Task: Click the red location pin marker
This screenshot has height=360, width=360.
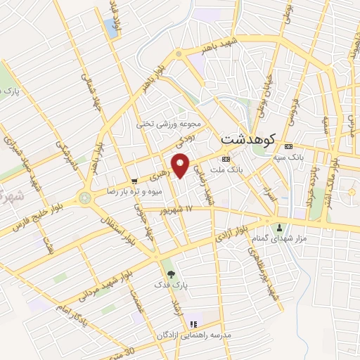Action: pos(181,166)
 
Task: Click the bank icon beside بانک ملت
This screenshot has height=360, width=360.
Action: pos(225,158)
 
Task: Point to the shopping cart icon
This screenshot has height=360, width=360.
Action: pos(134,180)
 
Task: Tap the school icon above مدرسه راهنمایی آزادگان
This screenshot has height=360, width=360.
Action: pos(194,323)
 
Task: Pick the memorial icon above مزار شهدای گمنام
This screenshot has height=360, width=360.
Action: pos(280,228)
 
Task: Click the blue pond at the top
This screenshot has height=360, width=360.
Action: pos(110,28)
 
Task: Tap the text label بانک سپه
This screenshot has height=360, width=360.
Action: pos(290,159)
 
